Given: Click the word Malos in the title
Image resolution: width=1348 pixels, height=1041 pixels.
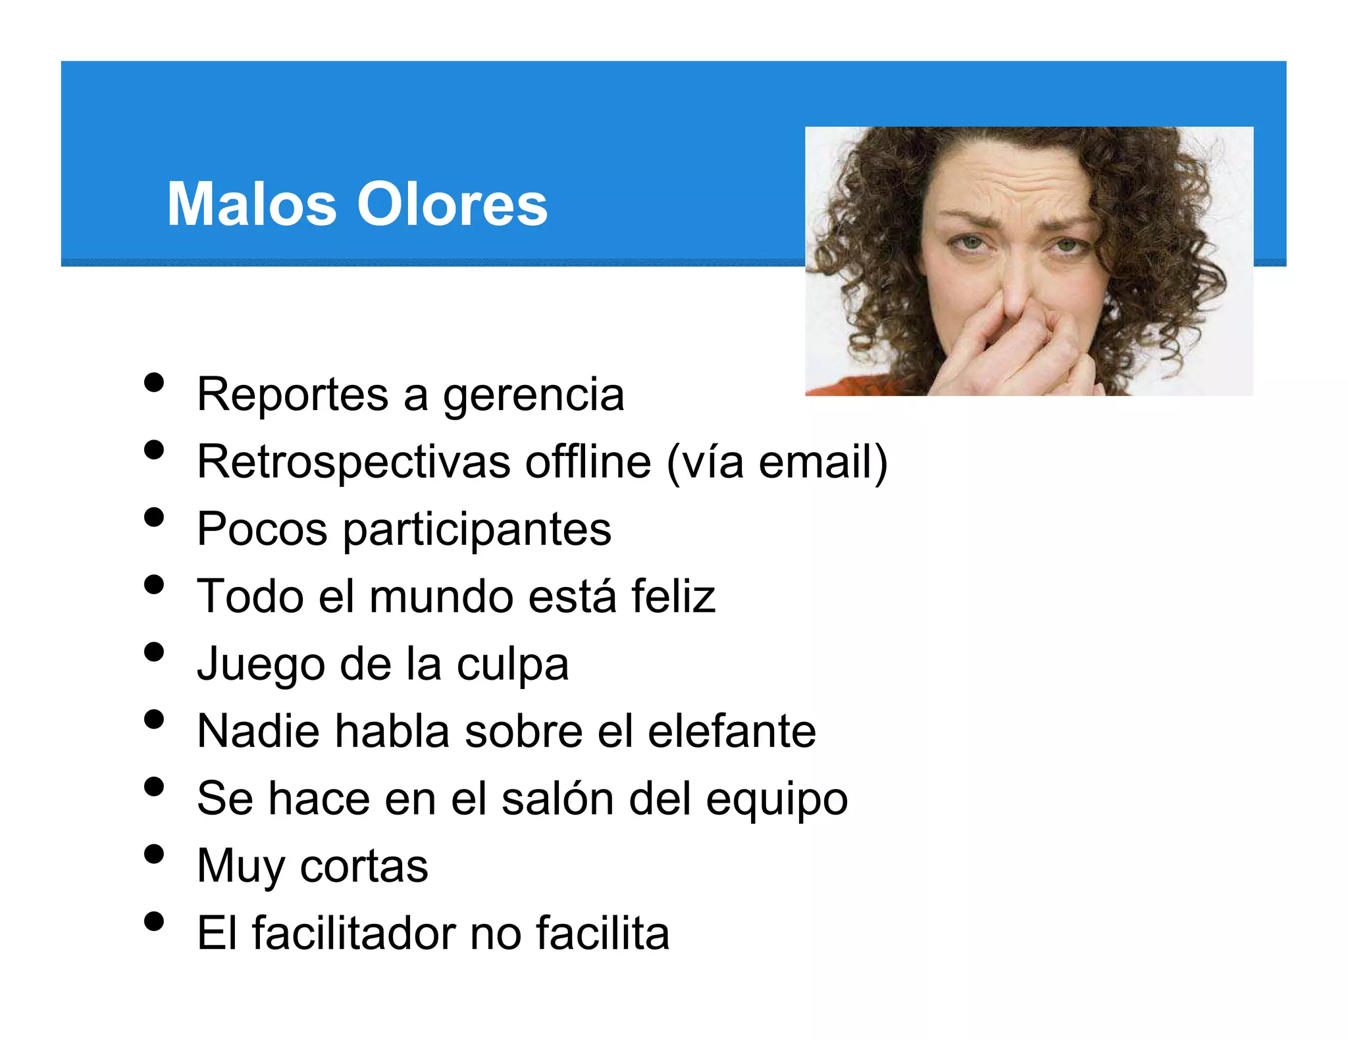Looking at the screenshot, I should pyautogui.click(x=251, y=204).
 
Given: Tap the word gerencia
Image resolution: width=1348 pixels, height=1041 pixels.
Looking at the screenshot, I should pyautogui.click(x=533, y=395).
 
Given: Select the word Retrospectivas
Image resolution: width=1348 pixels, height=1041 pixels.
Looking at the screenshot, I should pyautogui.click(x=353, y=462).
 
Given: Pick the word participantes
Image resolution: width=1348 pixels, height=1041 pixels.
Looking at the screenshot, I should pyautogui.click(x=477, y=530).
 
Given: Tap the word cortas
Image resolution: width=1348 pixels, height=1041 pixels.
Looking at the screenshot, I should pyautogui.click(x=364, y=866).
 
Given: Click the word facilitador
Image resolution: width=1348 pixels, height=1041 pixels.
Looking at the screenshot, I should pyautogui.click(x=353, y=932).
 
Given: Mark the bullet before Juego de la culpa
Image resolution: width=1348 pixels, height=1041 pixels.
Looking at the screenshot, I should pyautogui.click(x=153, y=652).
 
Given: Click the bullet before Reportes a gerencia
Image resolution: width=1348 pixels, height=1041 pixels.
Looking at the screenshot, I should pyautogui.click(x=153, y=382).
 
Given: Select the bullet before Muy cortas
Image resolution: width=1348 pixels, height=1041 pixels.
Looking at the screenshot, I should pyautogui.click(x=153, y=854).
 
